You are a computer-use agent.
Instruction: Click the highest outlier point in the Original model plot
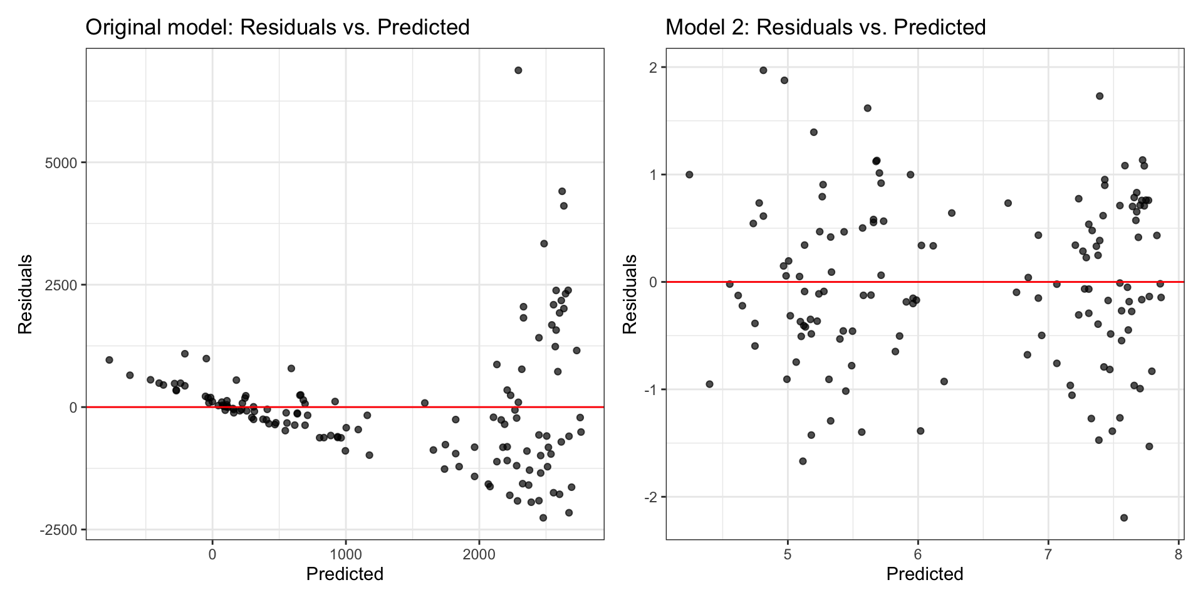(x=518, y=70)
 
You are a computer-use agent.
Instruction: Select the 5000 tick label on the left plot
(x=61, y=163)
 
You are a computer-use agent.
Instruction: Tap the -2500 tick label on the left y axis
(x=58, y=530)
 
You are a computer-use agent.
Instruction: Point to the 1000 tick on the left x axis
(x=345, y=554)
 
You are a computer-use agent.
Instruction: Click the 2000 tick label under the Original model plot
(x=479, y=554)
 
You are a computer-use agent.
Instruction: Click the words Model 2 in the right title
(x=704, y=28)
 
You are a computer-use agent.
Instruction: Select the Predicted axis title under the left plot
(x=345, y=574)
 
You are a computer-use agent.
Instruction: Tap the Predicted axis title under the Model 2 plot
(x=925, y=574)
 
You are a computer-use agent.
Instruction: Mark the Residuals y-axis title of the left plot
(x=25, y=294)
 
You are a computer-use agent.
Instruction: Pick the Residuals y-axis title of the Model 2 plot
(x=630, y=294)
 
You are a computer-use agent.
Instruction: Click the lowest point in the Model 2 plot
(x=1124, y=518)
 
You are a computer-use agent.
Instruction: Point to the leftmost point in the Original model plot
(x=109, y=360)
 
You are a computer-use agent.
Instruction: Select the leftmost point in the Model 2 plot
(x=689, y=174)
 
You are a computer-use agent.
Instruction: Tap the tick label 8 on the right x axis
(x=1179, y=554)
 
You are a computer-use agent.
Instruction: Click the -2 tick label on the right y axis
(x=652, y=497)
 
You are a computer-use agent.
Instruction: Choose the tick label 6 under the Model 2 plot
(x=918, y=554)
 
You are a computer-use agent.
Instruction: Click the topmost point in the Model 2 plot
(x=763, y=70)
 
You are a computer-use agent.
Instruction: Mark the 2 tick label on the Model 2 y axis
(x=654, y=68)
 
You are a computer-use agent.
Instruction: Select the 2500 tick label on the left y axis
(x=61, y=285)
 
